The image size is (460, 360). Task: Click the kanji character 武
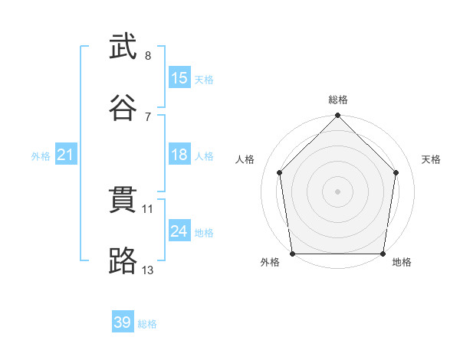[x=123, y=46]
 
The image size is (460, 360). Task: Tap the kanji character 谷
[x=123, y=107]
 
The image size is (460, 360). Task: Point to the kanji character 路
[x=123, y=260]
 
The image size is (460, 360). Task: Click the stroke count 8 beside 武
[x=148, y=55]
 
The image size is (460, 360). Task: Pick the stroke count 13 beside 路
[x=147, y=270]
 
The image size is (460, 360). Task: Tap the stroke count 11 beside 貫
[x=147, y=209]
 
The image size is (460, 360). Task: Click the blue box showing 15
[x=179, y=77]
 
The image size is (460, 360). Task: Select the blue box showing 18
[x=179, y=154]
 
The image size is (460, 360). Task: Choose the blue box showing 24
[x=179, y=230]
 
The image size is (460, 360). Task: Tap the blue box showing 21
[x=66, y=154]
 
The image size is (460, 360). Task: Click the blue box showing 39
[x=123, y=321]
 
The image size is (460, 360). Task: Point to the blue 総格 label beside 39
[x=147, y=324]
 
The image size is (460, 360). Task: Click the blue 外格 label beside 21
[x=41, y=156]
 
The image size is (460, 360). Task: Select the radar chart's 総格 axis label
[x=338, y=100]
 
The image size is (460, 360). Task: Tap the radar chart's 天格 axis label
[x=431, y=159]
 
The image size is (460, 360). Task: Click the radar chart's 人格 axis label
[x=245, y=159]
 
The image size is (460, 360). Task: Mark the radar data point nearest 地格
[x=383, y=254]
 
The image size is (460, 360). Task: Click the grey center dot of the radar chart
[x=337, y=191]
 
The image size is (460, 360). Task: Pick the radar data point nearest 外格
[x=293, y=254]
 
